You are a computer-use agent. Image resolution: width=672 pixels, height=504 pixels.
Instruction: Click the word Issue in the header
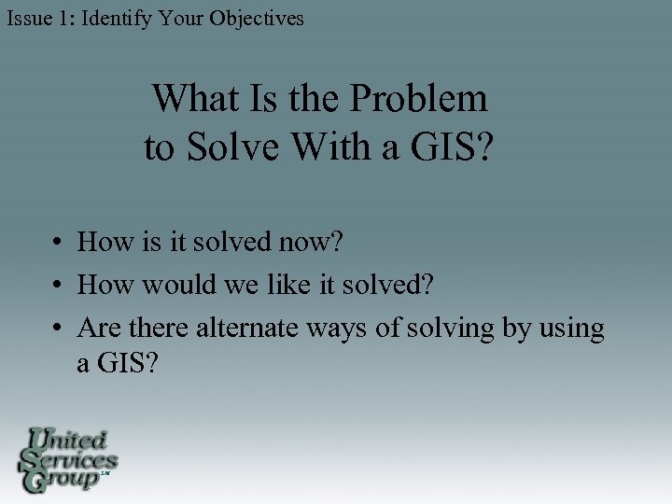(x=28, y=18)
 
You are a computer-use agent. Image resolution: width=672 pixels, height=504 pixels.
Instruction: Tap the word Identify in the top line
(x=113, y=18)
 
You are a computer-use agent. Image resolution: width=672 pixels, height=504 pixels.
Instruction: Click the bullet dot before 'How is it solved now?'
(x=58, y=244)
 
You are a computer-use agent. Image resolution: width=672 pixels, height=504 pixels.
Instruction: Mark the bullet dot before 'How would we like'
(x=58, y=285)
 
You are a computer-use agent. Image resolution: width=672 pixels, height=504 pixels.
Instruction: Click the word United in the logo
(x=70, y=440)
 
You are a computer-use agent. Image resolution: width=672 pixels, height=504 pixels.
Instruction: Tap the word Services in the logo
(x=75, y=459)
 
